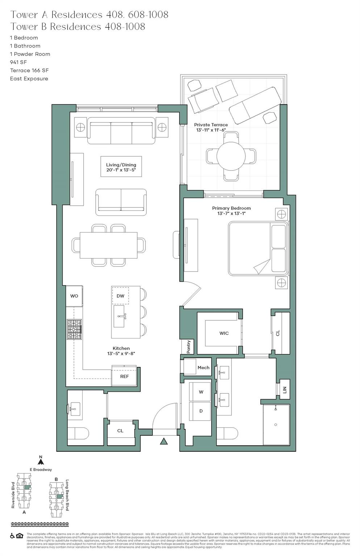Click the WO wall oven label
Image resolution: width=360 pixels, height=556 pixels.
pos(74,296)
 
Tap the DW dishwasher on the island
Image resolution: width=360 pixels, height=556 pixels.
pos(120,296)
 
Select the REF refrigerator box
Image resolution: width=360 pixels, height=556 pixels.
pos(124,376)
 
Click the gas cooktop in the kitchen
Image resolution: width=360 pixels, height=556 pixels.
pos(74,329)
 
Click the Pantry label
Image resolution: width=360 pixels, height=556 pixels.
pos(188,347)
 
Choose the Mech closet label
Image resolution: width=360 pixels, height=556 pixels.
pos(203,367)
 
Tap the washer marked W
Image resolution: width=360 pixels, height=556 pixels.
pos(201,392)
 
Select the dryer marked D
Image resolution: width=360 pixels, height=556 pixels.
pos(201,411)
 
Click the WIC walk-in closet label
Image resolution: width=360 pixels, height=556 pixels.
pos(224,333)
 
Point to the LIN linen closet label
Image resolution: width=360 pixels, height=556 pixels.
pos(285,390)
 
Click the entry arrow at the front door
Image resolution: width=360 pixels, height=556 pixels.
pos(164,441)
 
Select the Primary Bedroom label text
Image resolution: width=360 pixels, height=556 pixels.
pos(231,208)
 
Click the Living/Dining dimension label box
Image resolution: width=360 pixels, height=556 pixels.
pos(121,167)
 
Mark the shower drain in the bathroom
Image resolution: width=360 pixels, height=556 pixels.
pos(276,425)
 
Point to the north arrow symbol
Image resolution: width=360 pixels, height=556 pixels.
pos(41,461)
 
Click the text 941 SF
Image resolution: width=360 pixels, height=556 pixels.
pos(18,62)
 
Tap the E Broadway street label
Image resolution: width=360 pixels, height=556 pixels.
pos(41,469)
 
